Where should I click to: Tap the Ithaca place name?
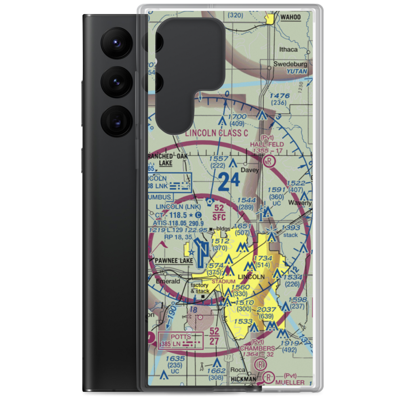(288, 49)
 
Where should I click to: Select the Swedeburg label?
(290, 64)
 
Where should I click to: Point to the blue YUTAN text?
(297, 72)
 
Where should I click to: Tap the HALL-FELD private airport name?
(267, 144)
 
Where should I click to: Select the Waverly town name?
(299, 203)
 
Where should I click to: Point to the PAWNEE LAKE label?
(174, 261)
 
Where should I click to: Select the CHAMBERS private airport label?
(257, 348)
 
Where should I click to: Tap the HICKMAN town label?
(243, 379)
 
